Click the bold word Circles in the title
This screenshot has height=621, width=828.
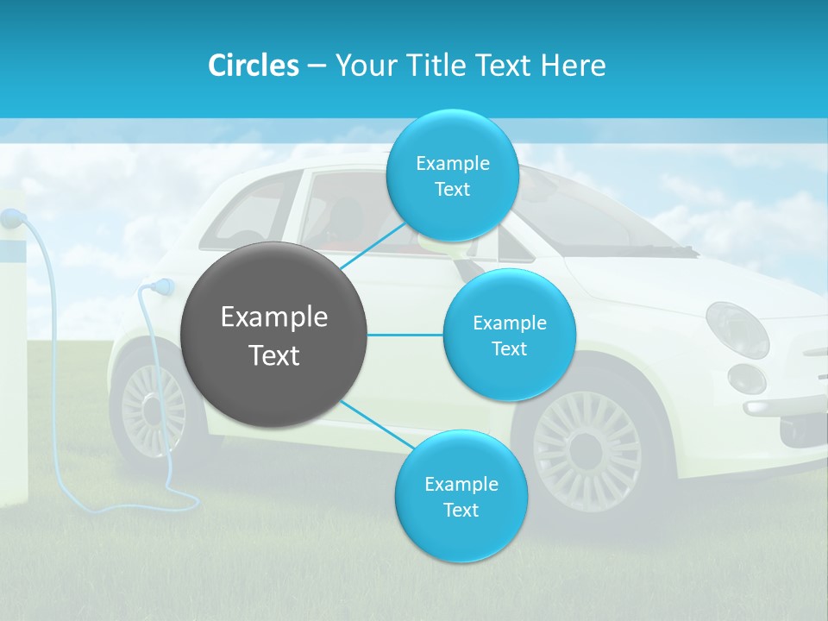pos(254,66)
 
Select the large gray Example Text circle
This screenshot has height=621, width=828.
pos(274,335)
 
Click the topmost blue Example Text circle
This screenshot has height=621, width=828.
pos(452,176)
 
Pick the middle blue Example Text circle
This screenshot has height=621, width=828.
pos(509,335)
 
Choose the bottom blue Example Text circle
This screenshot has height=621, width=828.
pos(461,496)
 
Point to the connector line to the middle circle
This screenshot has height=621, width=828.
pos(405,335)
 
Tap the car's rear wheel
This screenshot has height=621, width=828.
pos(153,410)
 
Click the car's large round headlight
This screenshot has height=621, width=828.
pos(737,329)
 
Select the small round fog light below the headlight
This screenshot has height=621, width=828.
pos(746,379)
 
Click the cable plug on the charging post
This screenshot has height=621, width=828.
pos(12,218)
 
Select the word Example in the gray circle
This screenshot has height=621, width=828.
pos(274,317)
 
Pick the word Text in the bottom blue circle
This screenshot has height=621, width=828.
pos(461,510)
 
